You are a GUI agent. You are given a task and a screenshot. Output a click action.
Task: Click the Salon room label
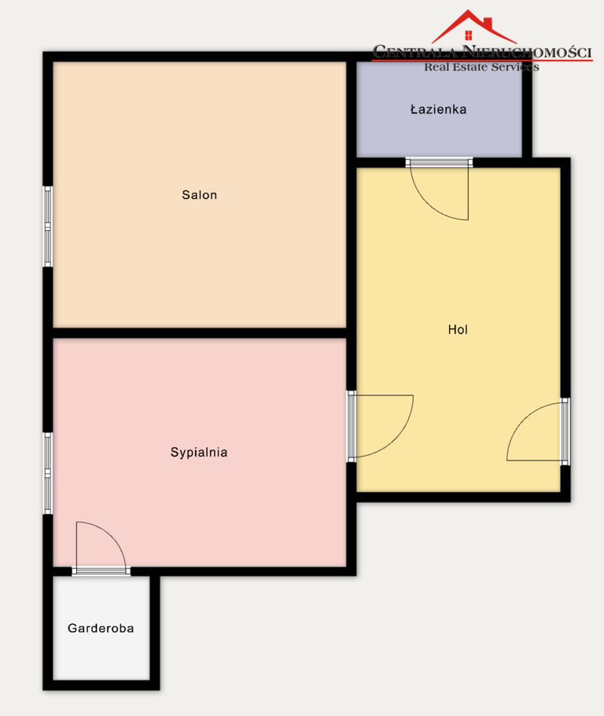tap(199, 195)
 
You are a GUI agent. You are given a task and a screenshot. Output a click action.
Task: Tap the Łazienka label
tap(438, 109)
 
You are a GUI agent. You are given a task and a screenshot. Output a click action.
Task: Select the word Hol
tap(458, 329)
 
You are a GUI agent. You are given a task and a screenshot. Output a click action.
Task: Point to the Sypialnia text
tap(199, 452)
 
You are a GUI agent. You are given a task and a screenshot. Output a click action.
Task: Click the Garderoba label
tap(101, 628)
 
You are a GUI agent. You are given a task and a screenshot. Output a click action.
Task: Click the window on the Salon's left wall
tap(47, 226)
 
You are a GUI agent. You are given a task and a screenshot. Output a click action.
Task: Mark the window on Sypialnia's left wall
tap(47, 473)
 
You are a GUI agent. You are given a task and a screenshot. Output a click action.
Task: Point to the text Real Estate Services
tap(481, 67)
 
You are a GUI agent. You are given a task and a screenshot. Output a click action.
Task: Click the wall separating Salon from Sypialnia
tap(200, 333)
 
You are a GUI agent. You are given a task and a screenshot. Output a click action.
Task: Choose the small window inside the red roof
tap(468, 35)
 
